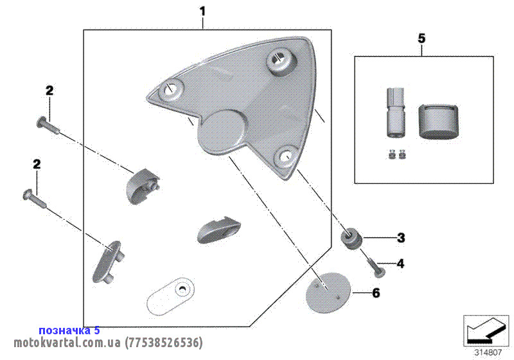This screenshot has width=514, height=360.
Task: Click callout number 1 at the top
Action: pyautogui.click(x=203, y=12)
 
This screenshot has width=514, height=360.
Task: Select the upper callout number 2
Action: pyautogui.click(x=49, y=91)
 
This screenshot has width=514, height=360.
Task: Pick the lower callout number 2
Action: pyautogui.click(x=37, y=165)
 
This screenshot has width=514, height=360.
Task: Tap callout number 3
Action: pyautogui.click(x=401, y=238)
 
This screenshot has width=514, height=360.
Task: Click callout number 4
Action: pyautogui.click(x=401, y=263)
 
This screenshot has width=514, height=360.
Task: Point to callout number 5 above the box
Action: pyautogui.click(x=421, y=39)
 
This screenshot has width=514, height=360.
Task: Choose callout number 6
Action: pyautogui.click(x=377, y=293)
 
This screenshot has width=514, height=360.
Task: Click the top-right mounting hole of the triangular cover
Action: pyautogui.click(x=279, y=60)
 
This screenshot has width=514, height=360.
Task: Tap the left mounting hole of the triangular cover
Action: pyautogui.click(x=170, y=90)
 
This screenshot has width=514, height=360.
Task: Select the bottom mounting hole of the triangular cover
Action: pyautogui.click(x=286, y=156)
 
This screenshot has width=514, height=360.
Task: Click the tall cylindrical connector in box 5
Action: pyautogui.click(x=394, y=113)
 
